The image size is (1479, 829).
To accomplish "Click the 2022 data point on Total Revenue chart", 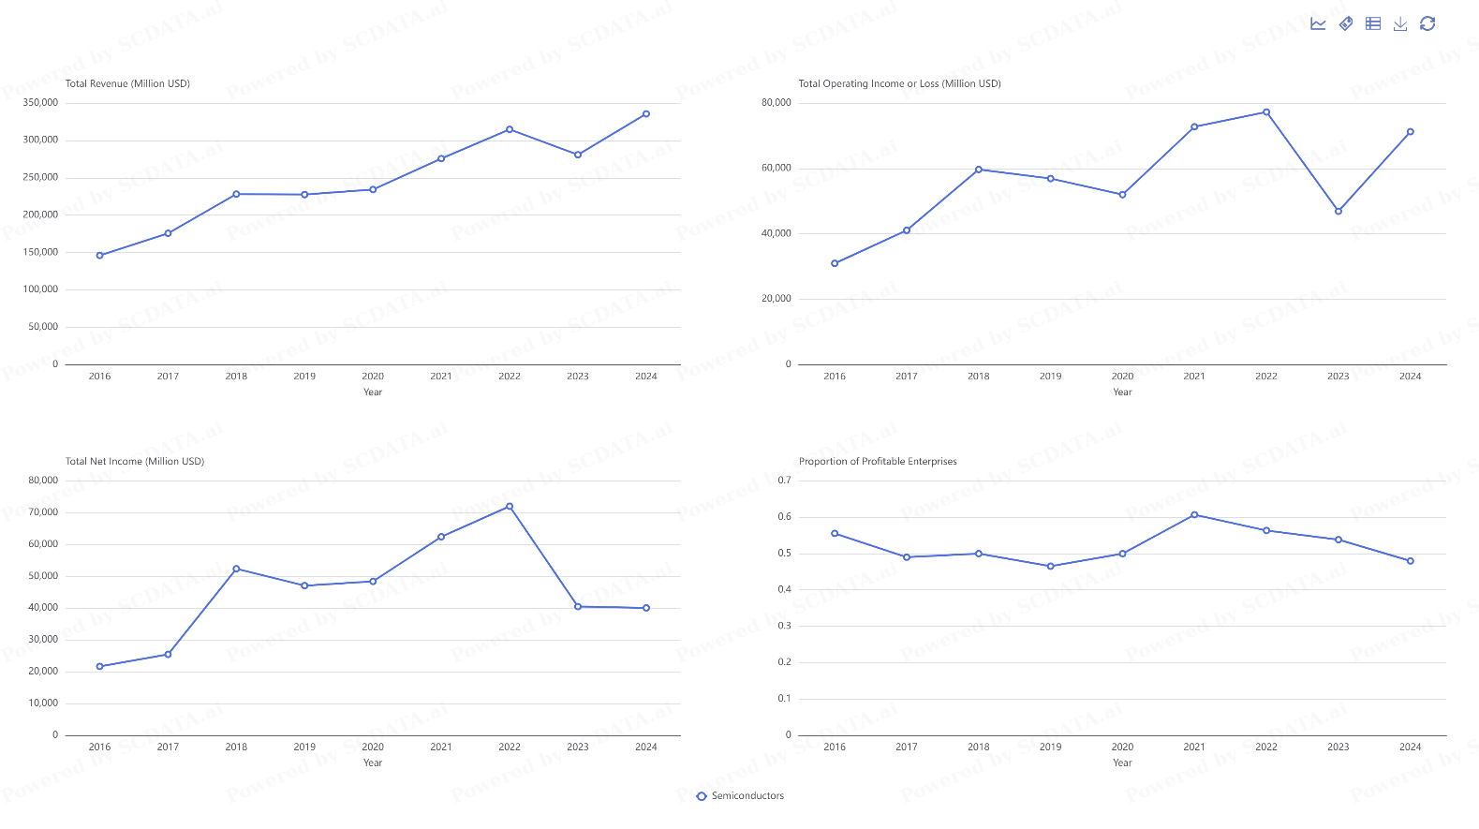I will pyautogui.click(x=510, y=129).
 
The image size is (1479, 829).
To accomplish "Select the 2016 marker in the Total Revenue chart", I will pyautogui.click(x=100, y=255).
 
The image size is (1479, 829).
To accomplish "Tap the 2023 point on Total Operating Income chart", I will pyautogui.click(x=1338, y=212).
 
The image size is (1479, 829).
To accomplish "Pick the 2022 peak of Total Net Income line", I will pyautogui.click(x=510, y=507).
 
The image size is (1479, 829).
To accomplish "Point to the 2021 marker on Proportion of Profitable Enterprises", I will pyautogui.click(x=1194, y=515).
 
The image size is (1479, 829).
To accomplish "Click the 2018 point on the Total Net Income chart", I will pyautogui.click(x=236, y=569).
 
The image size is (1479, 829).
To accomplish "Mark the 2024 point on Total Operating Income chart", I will pyautogui.click(x=1411, y=132).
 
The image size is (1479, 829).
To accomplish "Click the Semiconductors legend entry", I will pyautogui.click(x=740, y=796).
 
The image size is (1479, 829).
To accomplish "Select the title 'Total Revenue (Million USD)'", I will pyautogui.click(x=127, y=83).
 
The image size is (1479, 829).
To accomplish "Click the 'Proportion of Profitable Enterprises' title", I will pyautogui.click(x=878, y=461).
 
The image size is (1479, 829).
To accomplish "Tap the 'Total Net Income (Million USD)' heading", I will pyautogui.click(x=135, y=461).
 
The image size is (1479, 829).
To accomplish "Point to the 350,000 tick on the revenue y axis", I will pyautogui.click(x=40, y=103).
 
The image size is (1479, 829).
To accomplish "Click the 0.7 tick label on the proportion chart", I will pyautogui.click(x=785, y=481).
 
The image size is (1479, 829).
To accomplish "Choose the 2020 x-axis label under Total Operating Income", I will pyautogui.click(x=1122, y=377).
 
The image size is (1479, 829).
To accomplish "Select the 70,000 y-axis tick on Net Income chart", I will pyautogui.click(x=43, y=512).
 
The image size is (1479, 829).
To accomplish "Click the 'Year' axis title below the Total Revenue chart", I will pyautogui.click(x=373, y=392).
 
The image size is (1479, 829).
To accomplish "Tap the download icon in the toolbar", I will pyautogui.click(x=1400, y=23).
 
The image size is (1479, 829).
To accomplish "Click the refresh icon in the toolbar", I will pyautogui.click(x=1427, y=23).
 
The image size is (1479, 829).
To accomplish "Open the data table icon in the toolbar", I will pyautogui.click(x=1373, y=23).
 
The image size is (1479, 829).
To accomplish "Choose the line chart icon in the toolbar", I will pyautogui.click(x=1318, y=23).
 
